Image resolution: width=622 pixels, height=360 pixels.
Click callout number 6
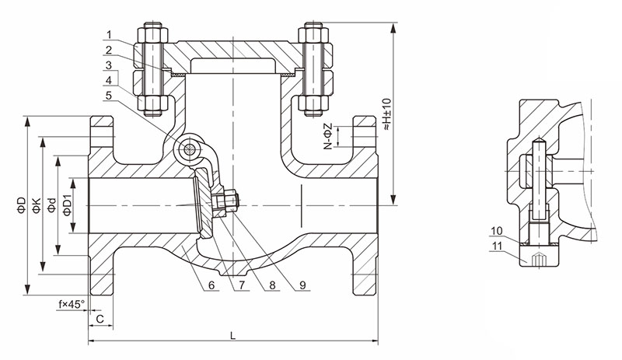[x=211, y=285]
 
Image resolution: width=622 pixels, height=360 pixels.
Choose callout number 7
[x=242, y=285]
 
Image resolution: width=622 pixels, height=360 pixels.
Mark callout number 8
[x=271, y=285]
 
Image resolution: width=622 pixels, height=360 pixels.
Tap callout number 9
[x=302, y=285]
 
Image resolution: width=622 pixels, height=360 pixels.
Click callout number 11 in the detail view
[x=497, y=246]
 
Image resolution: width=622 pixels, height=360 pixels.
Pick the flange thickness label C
[x=100, y=319]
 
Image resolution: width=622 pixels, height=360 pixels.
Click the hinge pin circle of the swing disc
[x=187, y=148]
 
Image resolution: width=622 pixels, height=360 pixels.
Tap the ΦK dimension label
[x=37, y=205]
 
